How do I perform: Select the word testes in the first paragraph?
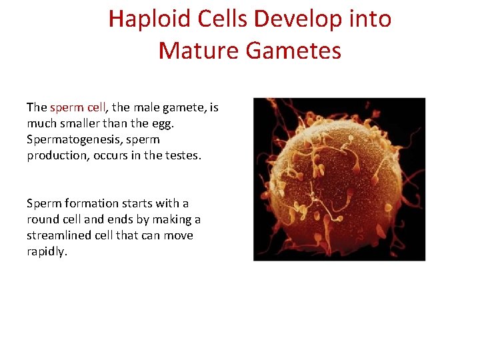point(181,156)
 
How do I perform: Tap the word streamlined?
point(59,235)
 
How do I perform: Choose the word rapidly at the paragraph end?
point(47,252)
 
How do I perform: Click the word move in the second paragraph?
point(179,235)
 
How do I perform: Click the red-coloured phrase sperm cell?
point(77,107)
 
